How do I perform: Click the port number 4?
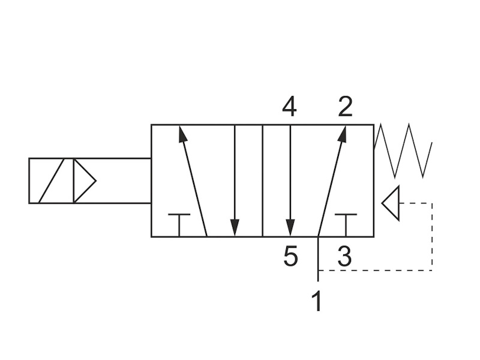pos(289,107)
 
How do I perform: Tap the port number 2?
pos(346,107)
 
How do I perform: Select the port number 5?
pos(290,256)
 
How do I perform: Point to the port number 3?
pos(344,256)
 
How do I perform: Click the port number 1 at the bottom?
pos(317,301)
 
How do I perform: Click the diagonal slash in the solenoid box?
pos(52,181)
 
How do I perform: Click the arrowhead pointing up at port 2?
pos(343,134)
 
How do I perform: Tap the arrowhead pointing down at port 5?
pos(290,228)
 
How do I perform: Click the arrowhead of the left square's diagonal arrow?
pos(182,134)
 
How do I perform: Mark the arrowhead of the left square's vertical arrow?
pos(235,228)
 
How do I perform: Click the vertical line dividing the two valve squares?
pos(263,181)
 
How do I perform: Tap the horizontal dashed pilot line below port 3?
pos(376,271)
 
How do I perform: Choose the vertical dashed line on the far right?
pos(432,236)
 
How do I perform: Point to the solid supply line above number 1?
pos(318,259)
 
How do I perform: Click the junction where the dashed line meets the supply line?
pos(318,271)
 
